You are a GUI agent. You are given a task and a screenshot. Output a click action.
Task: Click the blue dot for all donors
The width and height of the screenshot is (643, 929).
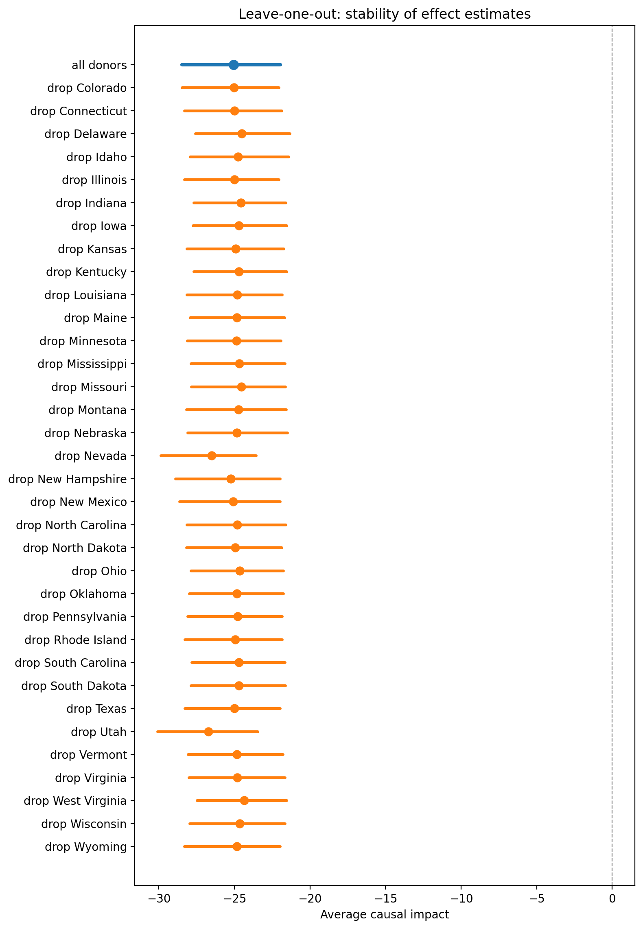[x=234, y=65]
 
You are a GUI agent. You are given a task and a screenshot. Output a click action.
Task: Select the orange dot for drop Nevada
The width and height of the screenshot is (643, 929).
[x=212, y=456]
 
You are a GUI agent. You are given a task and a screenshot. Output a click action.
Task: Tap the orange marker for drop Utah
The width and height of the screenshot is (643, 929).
[x=208, y=732]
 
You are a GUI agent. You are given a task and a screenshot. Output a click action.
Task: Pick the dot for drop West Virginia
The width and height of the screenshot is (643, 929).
[x=244, y=801]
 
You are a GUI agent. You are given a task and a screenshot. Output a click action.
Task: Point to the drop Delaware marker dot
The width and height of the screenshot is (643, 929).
[x=242, y=134]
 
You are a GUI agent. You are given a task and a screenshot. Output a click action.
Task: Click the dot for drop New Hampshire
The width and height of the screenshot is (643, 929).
[x=231, y=479]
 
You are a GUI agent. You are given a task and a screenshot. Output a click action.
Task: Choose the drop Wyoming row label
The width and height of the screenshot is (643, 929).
[x=86, y=847]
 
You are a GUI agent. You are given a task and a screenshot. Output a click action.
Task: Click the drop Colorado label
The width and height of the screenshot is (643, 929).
[x=87, y=88]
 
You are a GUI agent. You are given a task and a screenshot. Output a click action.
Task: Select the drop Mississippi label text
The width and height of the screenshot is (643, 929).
[x=82, y=364]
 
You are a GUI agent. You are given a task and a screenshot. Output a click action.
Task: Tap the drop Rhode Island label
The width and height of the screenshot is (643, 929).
[x=76, y=640]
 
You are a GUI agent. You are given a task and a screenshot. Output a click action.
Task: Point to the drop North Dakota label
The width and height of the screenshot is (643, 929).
[x=75, y=548]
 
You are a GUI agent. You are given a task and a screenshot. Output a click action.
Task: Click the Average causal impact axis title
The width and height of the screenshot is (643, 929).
[x=385, y=914]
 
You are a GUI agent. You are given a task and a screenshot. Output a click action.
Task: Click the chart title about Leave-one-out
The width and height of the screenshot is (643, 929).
[x=385, y=14]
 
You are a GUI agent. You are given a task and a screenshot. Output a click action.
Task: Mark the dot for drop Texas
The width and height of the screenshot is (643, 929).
[x=234, y=709]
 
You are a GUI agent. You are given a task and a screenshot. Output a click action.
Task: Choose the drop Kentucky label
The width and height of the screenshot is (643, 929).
[x=86, y=272]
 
